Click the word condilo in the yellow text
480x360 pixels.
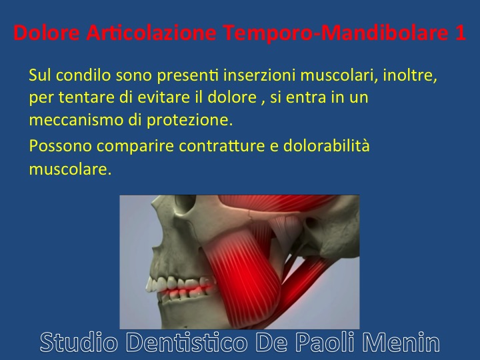(x=83, y=75)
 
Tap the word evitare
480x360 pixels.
(x=164, y=97)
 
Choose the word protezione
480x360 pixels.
(x=189, y=121)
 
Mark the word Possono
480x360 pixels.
(x=60, y=146)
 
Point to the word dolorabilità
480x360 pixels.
(x=326, y=145)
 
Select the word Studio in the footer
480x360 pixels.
(x=79, y=342)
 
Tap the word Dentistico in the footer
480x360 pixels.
(x=187, y=342)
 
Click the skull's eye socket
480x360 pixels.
(x=185, y=203)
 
